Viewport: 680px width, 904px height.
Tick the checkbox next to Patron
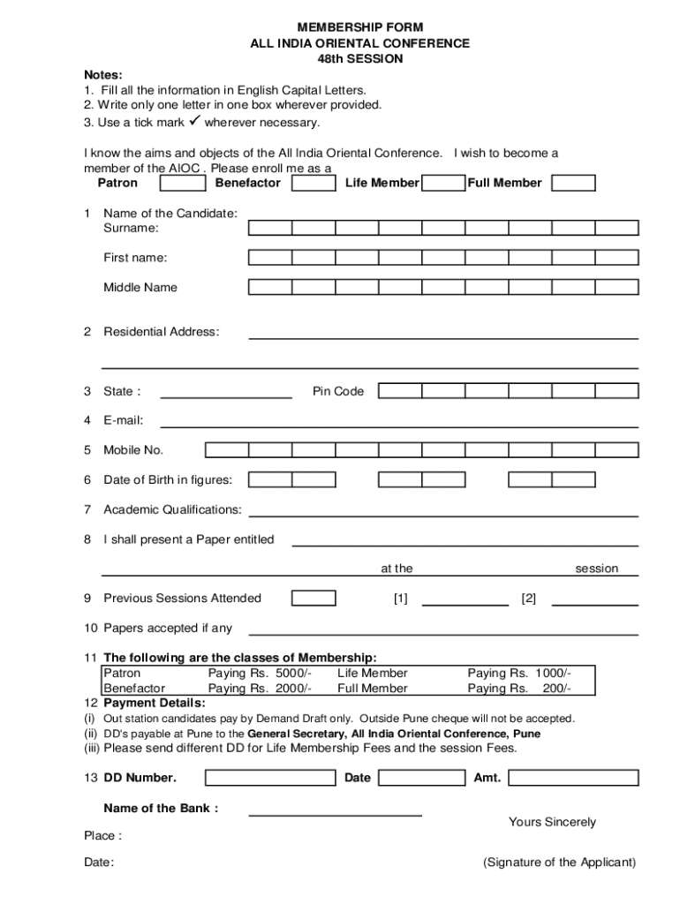[184, 184]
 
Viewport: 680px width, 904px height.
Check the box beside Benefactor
[314, 184]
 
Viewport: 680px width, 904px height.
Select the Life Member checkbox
[443, 184]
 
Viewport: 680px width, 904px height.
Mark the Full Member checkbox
[573, 184]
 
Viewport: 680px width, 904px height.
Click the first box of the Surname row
[270, 229]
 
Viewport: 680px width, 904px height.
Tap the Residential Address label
[161, 332]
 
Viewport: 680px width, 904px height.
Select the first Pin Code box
[400, 391]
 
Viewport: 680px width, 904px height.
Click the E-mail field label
[123, 421]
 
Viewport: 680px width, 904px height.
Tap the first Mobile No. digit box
[227, 450]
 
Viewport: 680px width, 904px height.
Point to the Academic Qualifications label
[172, 510]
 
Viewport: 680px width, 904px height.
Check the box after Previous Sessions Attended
[314, 599]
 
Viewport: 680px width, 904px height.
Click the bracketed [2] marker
[529, 599]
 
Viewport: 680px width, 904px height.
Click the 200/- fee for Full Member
[555, 689]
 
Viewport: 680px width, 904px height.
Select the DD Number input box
[270, 778]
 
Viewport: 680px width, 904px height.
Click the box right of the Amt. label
[573, 778]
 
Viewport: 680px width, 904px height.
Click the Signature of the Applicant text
[559, 863]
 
